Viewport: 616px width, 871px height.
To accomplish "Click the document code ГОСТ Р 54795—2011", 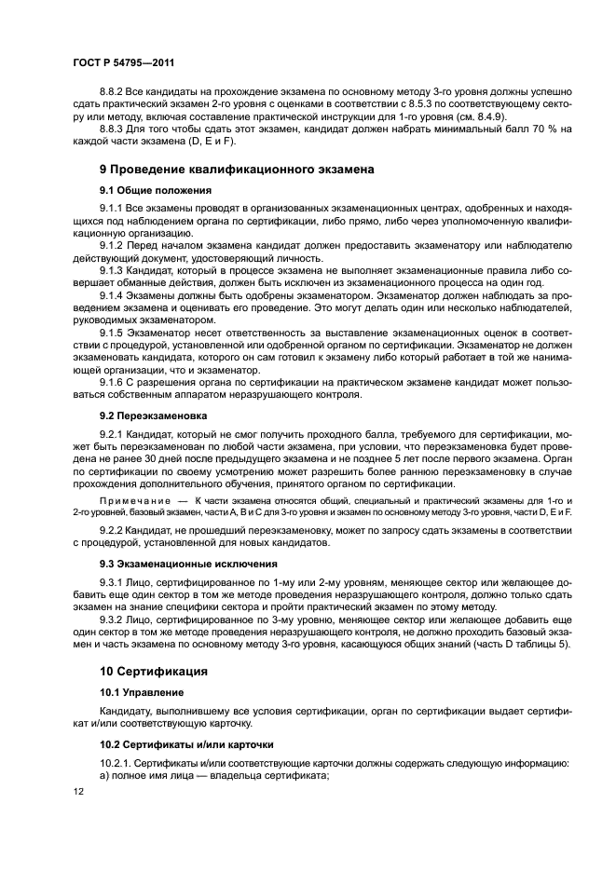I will tap(123, 63).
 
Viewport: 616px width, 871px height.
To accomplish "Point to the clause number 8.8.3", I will tap(114, 129).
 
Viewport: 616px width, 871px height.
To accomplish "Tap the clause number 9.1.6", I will tap(114, 381).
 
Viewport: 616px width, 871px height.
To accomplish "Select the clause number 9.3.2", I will tap(114, 619).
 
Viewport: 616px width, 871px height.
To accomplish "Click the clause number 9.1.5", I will tap(114, 332).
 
